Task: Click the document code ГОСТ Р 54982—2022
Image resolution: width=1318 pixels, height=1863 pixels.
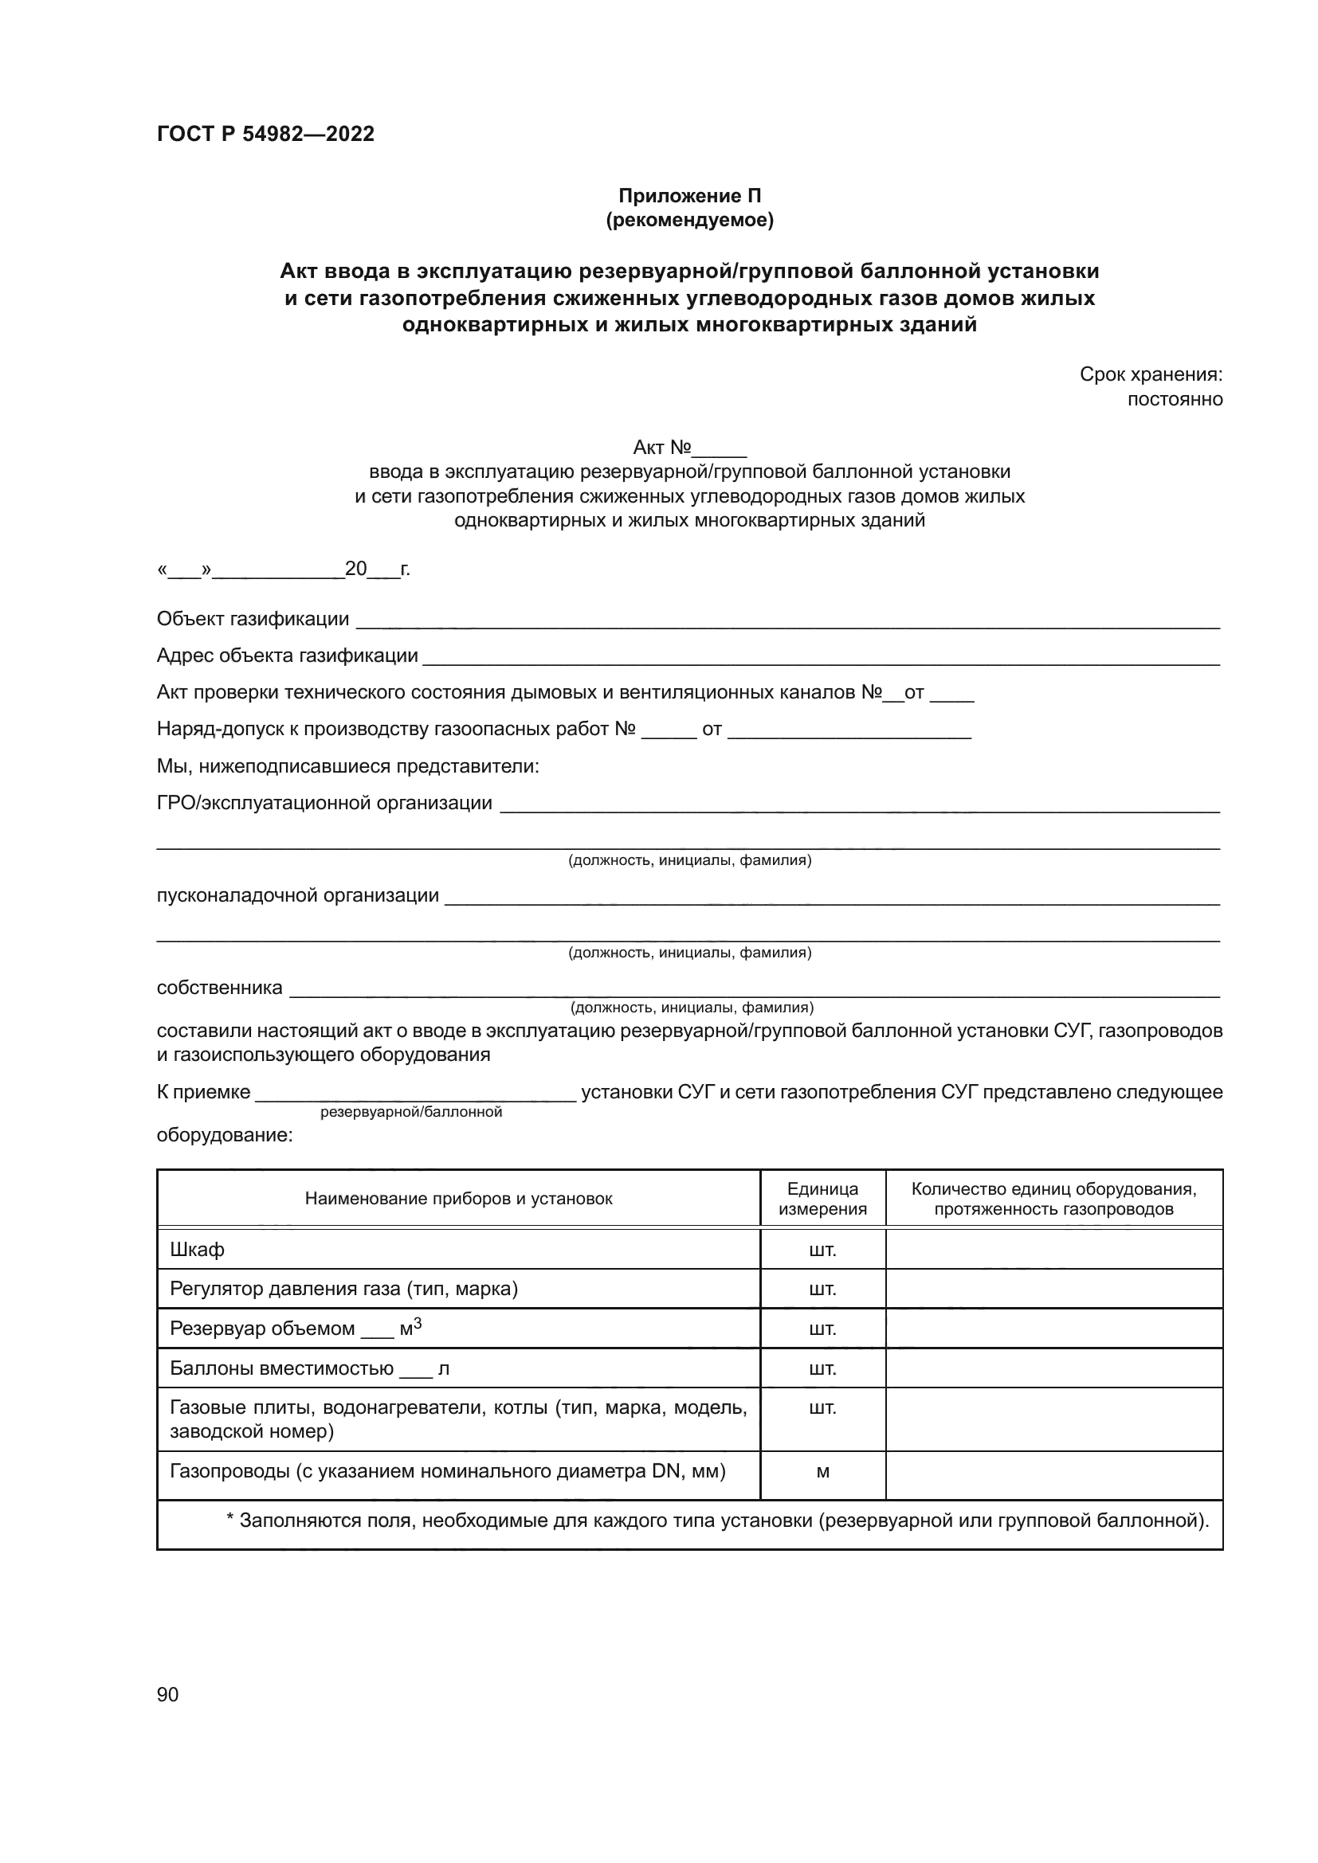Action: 265,134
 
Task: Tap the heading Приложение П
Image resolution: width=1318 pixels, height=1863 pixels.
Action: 690,196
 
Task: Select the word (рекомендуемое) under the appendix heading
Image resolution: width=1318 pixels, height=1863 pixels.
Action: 690,220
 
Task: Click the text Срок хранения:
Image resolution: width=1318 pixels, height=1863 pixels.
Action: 1150,374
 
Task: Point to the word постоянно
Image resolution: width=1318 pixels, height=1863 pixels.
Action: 1175,399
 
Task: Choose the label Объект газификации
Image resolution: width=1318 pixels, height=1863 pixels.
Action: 253,619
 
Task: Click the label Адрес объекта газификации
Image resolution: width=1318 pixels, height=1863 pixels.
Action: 288,656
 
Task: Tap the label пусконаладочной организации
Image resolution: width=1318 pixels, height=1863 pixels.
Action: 297,896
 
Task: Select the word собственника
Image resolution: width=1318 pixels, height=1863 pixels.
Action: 219,988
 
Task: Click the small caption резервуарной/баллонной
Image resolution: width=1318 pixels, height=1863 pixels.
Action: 410,1113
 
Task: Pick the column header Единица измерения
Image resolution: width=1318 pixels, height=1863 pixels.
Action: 822,1200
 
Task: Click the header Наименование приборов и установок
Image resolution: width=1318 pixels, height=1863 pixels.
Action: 458,1200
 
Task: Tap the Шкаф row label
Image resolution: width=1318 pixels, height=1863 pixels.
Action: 197,1250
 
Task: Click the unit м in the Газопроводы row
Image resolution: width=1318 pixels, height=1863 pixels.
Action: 822,1472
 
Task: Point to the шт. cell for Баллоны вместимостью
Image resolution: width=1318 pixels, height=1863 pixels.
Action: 822,1370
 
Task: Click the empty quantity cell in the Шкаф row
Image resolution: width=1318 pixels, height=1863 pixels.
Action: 1053,1250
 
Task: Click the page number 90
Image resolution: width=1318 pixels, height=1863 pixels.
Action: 167,1695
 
